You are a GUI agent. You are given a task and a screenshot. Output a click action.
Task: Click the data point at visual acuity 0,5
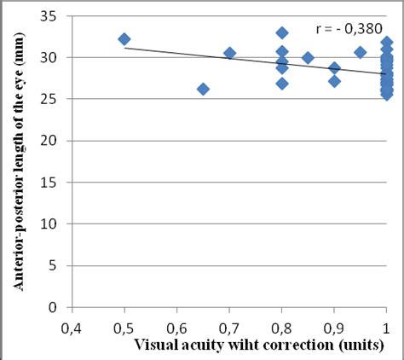[124, 39]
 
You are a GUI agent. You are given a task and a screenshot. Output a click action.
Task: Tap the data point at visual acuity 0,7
[229, 53]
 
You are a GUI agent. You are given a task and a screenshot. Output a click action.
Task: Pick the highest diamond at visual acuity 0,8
[282, 32]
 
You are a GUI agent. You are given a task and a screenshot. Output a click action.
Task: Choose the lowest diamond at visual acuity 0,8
[282, 84]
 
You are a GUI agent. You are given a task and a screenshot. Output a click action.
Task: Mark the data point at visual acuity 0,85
[308, 58]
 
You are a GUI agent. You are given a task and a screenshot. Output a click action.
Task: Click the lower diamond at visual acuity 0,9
[334, 81]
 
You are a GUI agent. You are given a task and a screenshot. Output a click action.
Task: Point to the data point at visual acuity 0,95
[360, 52]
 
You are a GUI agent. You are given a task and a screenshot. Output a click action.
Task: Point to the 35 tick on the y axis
[52, 16]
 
